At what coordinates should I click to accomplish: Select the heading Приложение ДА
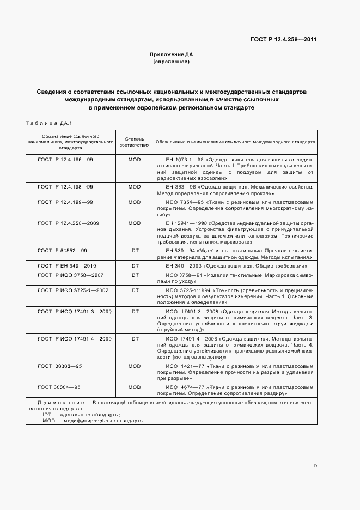tap(171, 54)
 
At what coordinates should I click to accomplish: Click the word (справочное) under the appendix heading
tap(171, 62)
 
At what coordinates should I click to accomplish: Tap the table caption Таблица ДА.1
tap(49, 123)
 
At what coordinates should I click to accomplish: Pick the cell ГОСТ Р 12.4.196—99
tap(65, 159)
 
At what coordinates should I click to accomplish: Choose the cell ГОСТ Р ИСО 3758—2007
tap(70, 275)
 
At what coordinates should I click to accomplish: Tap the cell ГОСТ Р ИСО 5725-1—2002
tap(73, 290)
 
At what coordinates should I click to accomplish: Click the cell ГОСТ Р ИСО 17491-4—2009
tap(75, 338)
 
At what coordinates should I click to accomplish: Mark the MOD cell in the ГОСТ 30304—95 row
tap(134, 387)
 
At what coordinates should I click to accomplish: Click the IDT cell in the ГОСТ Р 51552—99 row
tap(134, 250)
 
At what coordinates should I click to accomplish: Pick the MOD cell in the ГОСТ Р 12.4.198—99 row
tap(134, 186)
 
